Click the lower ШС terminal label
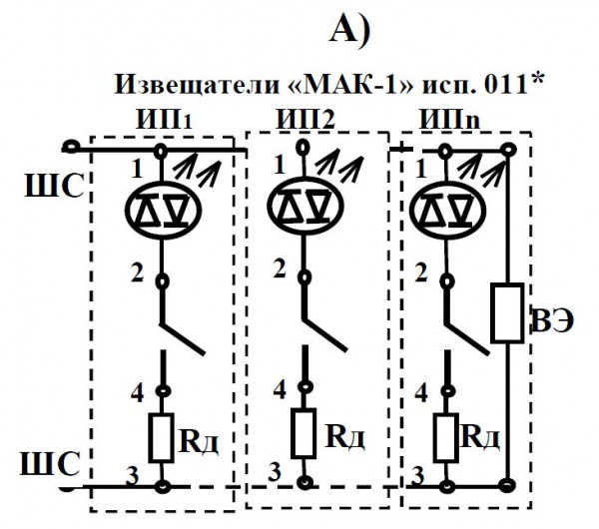[40, 464]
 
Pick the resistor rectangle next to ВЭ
[508, 312]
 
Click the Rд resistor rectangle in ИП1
[163, 436]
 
